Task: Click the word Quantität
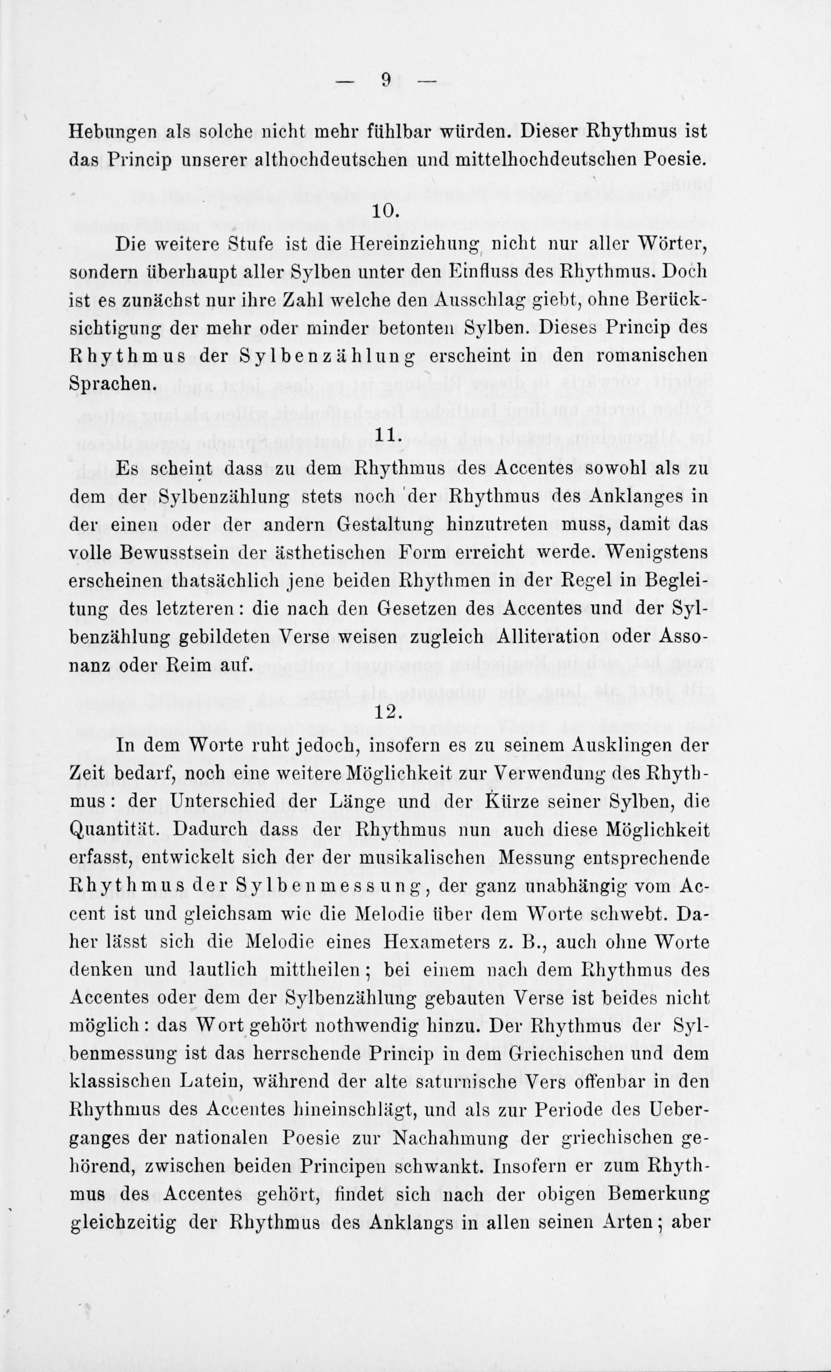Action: tap(117, 829)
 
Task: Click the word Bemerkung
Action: tap(659, 1194)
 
